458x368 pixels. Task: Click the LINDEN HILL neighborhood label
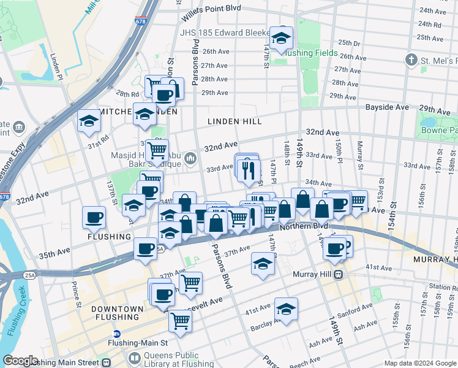[x=235, y=121]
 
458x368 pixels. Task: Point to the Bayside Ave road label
[x=387, y=107]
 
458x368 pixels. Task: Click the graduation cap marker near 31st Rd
[x=89, y=121]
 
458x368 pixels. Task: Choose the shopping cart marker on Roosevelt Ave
[x=180, y=320]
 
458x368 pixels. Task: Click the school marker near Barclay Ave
[x=285, y=309]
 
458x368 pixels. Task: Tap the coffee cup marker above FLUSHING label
[x=95, y=217]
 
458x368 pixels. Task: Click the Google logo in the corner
[x=21, y=361]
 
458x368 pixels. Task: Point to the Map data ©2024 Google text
[x=419, y=363]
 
